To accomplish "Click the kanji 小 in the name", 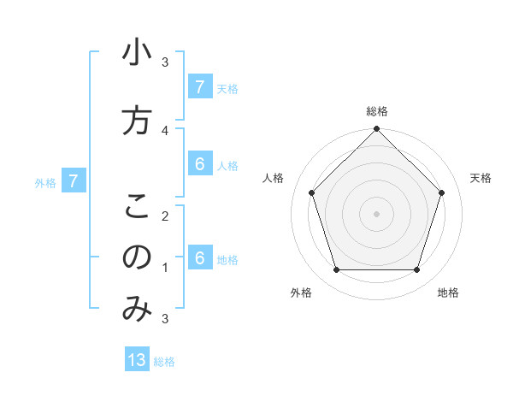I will (x=137, y=55).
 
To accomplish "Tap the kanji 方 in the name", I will (x=137, y=121).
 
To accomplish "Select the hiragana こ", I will (x=137, y=206).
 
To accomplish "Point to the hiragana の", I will (x=137, y=257).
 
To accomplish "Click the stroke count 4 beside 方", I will (x=165, y=130).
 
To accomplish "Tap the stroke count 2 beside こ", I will (x=165, y=216).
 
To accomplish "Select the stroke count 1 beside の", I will (x=165, y=268).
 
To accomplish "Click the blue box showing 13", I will (x=137, y=360).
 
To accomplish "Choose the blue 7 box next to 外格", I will (x=74, y=181).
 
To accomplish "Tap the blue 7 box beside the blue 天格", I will (x=199, y=87).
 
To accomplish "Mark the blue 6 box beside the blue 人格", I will (x=199, y=165).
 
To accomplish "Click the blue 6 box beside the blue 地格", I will (x=199, y=258).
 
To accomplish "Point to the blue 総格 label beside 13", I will (x=164, y=362).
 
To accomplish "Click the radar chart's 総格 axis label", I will (x=377, y=112).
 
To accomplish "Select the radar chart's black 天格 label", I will (x=481, y=178).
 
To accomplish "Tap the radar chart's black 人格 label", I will (x=274, y=178).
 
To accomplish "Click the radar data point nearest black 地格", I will (x=416, y=270).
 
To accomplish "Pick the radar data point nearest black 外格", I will (x=336, y=270).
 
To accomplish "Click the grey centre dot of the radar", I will (x=376, y=214).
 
